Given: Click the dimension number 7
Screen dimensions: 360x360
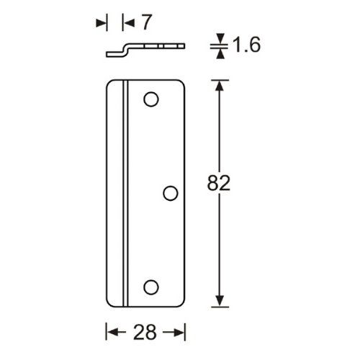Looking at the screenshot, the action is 146,22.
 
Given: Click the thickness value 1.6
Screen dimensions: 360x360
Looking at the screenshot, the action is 246,45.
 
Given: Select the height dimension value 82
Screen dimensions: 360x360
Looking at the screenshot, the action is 219,183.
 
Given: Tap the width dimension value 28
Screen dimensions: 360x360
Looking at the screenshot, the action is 145,332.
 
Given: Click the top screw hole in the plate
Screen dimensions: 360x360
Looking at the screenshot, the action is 151,99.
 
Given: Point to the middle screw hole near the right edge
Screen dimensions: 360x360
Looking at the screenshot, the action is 171,193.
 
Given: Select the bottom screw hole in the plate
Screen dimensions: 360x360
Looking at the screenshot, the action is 151,287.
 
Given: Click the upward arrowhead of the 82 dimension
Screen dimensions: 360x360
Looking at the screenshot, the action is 220,85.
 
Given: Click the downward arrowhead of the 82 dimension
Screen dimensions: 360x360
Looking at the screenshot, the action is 220,301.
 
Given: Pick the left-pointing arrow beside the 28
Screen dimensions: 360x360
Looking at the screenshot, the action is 116,333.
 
